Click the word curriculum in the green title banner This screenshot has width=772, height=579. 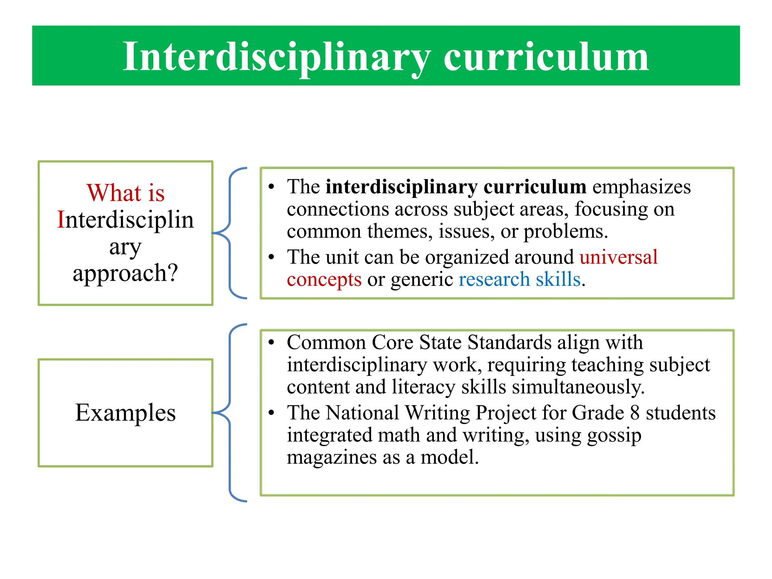[x=546, y=57]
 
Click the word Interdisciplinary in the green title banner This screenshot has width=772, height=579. [x=276, y=57]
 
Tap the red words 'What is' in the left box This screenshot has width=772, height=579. [x=126, y=193]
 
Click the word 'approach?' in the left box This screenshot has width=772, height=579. [x=125, y=273]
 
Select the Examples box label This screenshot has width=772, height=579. [x=126, y=413]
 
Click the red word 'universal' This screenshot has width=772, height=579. [x=619, y=257]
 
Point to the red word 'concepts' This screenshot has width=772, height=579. [x=324, y=279]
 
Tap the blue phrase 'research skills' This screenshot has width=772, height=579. [x=519, y=279]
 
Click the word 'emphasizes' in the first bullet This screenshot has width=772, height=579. [x=642, y=187]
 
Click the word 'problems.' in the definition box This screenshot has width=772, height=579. [x=566, y=231]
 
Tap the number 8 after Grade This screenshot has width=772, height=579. [x=635, y=413]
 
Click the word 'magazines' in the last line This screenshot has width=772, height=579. [x=332, y=457]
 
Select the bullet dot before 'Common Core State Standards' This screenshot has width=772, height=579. [x=271, y=343]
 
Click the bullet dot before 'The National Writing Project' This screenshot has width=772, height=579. [x=271, y=413]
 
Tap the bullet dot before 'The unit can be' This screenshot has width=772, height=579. [x=271, y=257]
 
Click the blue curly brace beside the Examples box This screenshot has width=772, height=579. [x=230, y=413]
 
